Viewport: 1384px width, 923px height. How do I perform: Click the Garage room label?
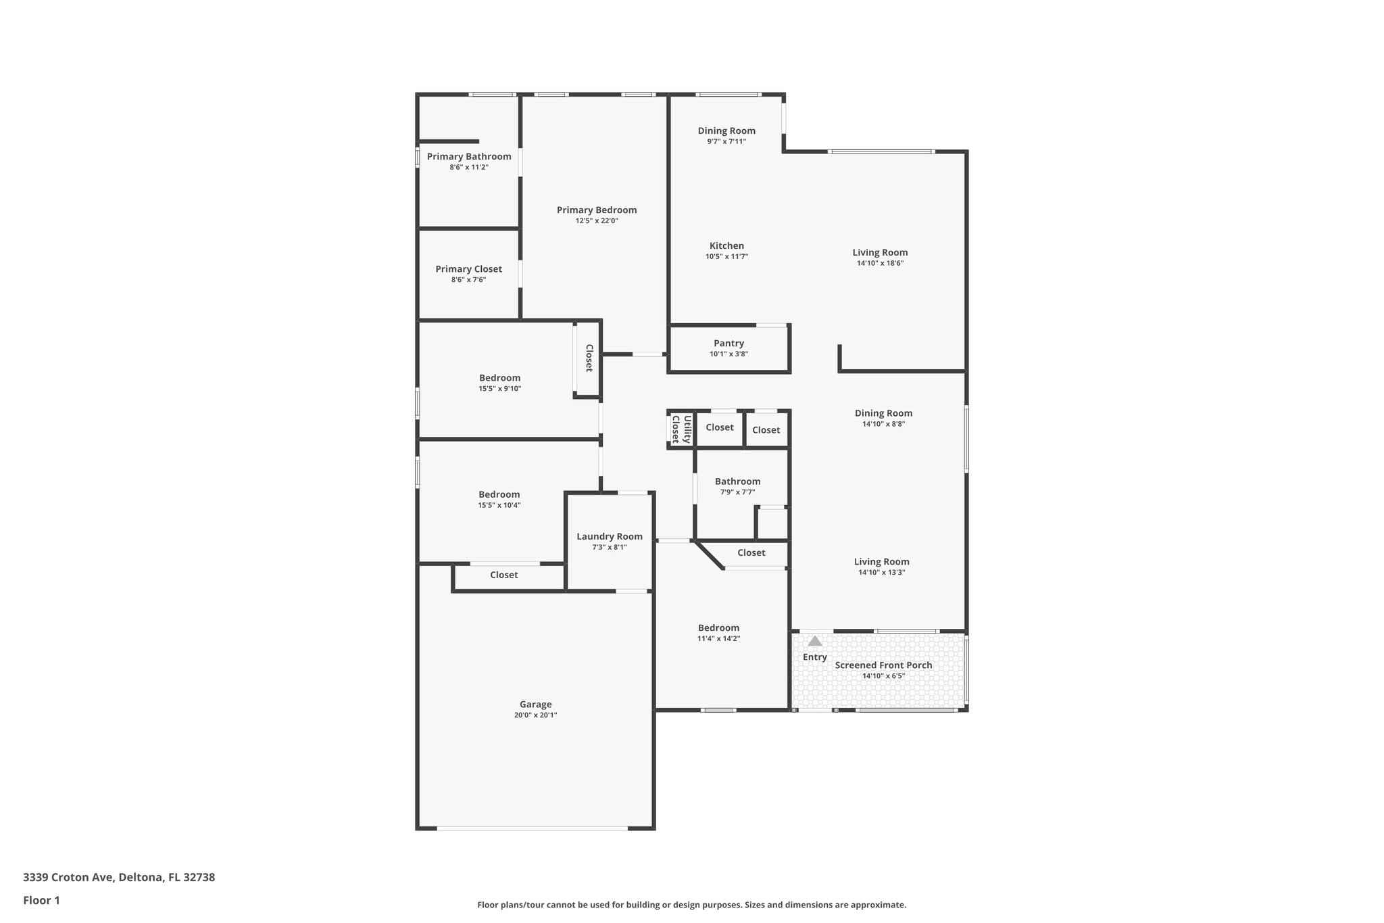click(535, 705)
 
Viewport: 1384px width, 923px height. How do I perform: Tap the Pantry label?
click(728, 344)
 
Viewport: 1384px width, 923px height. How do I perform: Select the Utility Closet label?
click(681, 429)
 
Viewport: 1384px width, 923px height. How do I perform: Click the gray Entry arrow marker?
click(815, 641)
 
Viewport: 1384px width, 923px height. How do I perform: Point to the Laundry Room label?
click(609, 537)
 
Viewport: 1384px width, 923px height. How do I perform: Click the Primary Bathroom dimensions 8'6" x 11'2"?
click(468, 167)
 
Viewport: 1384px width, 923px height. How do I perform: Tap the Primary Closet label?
click(468, 269)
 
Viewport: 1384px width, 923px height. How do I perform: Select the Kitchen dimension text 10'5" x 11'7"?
click(726, 256)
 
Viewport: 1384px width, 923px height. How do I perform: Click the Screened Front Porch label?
click(883, 665)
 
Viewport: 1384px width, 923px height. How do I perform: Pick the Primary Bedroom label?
click(596, 210)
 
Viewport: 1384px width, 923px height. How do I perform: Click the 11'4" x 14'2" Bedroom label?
click(718, 628)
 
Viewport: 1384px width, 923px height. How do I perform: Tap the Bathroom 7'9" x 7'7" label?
click(737, 482)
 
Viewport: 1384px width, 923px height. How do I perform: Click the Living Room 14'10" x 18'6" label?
click(880, 253)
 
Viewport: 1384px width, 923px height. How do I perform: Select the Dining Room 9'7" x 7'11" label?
click(726, 131)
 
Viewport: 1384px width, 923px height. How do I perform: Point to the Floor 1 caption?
click(41, 901)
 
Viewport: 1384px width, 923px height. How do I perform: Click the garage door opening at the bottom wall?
click(533, 828)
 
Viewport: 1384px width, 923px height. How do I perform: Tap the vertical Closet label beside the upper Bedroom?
click(589, 358)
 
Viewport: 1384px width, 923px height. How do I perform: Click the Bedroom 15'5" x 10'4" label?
click(499, 495)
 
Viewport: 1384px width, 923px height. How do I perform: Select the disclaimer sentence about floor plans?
click(691, 905)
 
